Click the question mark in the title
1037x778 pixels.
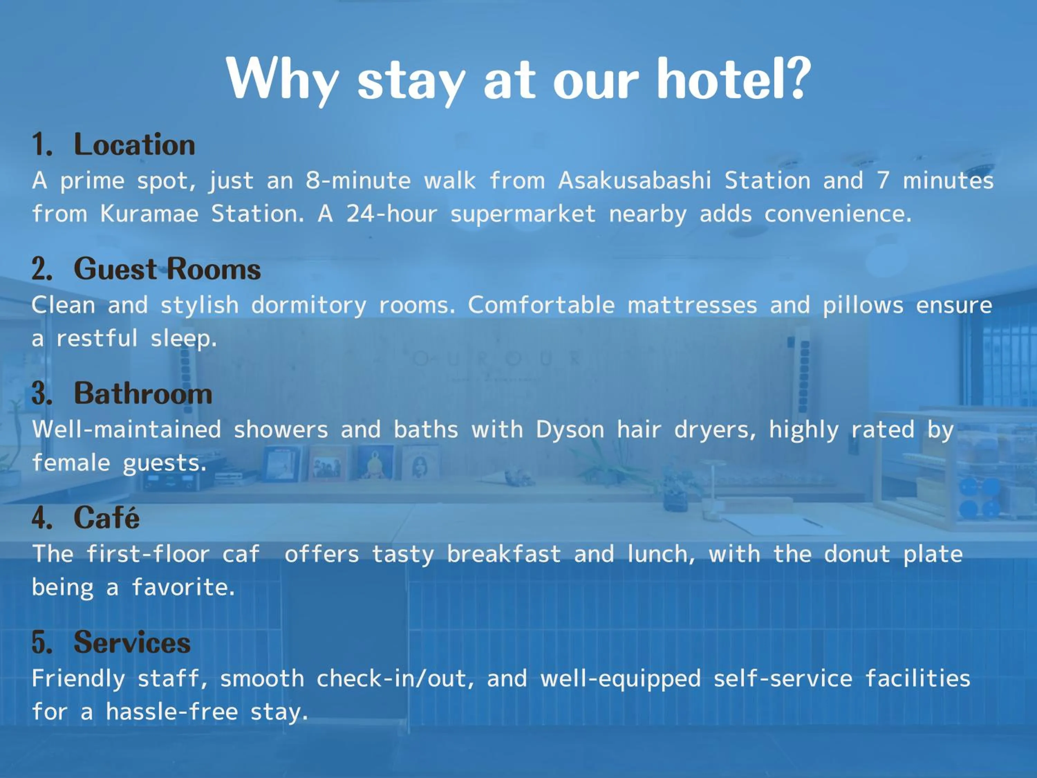click(797, 78)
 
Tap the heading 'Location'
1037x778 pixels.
click(134, 145)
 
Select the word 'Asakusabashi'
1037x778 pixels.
click(634, 180)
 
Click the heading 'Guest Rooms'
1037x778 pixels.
click(167, 269)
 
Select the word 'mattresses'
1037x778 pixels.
click(692, 305)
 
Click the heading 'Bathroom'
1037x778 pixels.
click(143, 393)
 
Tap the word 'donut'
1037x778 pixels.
click(857, 554)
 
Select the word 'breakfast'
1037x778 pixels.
click(504, 554)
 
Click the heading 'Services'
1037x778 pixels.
click(132, 642)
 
